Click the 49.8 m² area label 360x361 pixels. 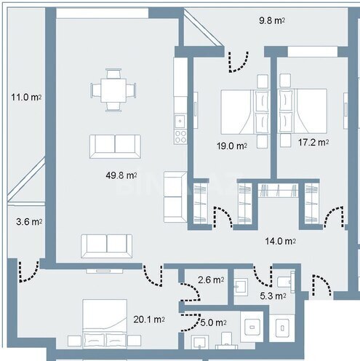click(121, 175)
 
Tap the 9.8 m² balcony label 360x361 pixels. click(270, 21)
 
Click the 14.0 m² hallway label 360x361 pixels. click(279, 241)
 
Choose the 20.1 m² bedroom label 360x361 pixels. click(149, 319)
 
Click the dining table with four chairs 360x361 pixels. click(113, 90)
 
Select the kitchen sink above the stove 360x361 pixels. click(180, 120)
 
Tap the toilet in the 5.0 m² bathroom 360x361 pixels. click(226, 338)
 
